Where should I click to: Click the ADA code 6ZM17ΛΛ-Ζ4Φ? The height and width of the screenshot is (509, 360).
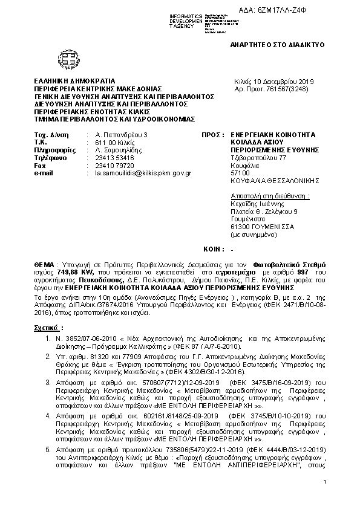(x=300, y=6)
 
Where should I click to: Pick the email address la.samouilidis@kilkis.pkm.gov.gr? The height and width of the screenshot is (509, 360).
(x=139, y=173)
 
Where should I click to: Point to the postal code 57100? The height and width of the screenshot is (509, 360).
(x=240, y=173)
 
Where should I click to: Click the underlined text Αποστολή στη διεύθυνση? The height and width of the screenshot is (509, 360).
(x=270, y=196)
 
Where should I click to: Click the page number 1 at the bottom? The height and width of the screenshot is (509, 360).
(x=325, y=481)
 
